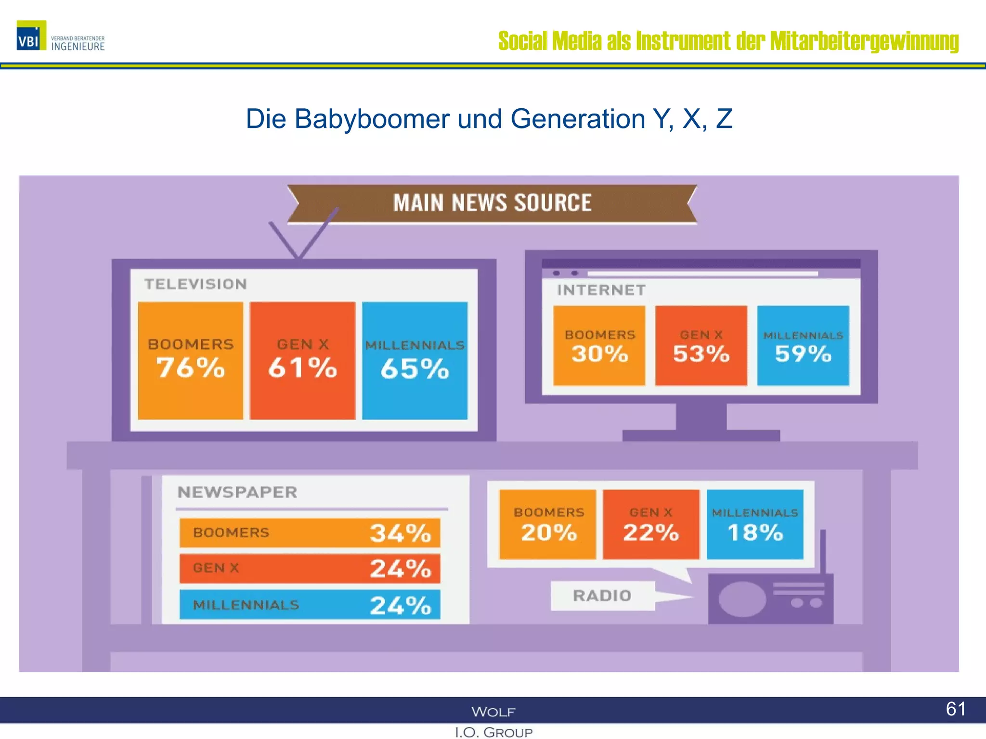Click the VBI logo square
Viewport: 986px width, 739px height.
tap(31, 35)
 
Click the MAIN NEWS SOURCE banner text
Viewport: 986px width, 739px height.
tap(492, 203)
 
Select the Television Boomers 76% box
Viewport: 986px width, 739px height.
tap(190, 360)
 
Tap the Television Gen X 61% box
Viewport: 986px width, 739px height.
tap(302, 360)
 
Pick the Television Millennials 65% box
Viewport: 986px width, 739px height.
tap(415, 360)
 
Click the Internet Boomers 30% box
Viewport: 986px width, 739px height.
tap(599, 345)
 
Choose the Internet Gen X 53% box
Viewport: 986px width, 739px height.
tap(701, 345)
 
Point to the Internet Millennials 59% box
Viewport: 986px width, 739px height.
tap(803, 345)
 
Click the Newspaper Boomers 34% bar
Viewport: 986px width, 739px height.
tap(310, 533)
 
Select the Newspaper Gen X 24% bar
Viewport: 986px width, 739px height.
tap(310, 568)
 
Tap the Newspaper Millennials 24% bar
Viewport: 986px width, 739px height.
tap(310, 605)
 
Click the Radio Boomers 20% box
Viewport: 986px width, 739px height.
tap(547, 524)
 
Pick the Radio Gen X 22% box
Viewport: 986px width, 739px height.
tap(651, 524)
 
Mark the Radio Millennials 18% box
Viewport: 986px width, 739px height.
tap(754, 524)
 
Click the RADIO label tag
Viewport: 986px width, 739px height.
tap(602, 596)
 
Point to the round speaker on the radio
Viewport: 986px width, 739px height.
tap(742, 599)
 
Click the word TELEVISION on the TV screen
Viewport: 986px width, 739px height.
tap(195, 284)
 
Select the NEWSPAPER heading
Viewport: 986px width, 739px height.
tap(237, 492)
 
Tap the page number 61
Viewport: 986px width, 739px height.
tap(955, 709)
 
